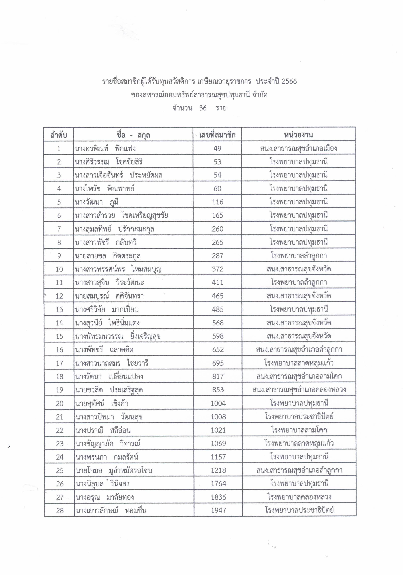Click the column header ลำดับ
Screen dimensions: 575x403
[59, 135]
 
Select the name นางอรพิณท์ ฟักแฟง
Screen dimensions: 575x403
[105, 149]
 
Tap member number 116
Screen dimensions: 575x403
[218, 202]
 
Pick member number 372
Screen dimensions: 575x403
[218, 269]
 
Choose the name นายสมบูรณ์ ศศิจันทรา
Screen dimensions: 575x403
[109, 296]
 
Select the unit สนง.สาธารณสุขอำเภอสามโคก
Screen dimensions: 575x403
[299, 376]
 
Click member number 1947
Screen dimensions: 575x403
[218, 510]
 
